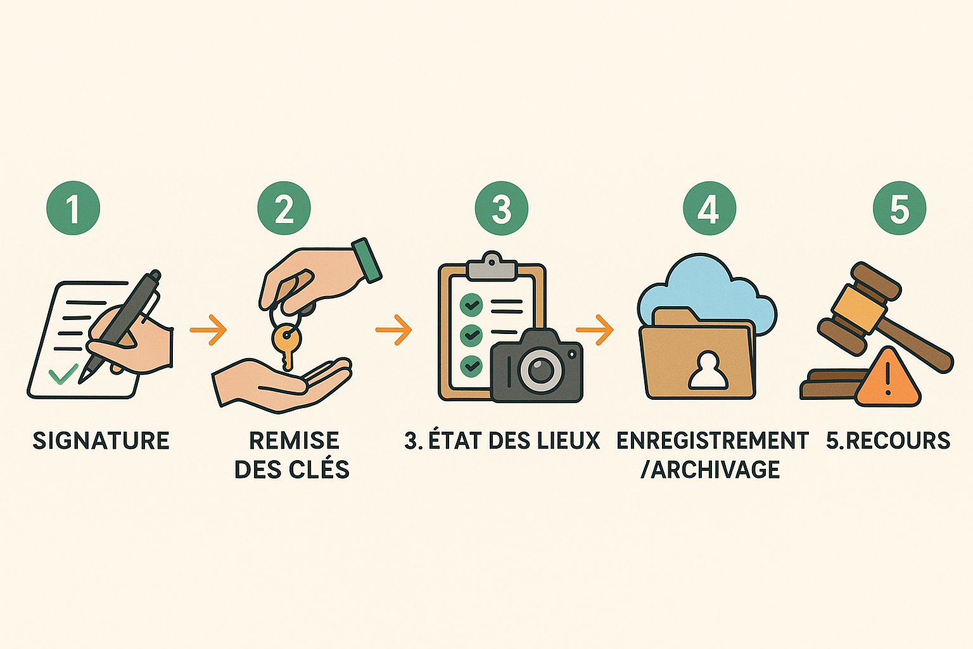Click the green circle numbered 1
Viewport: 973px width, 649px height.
point(73,209)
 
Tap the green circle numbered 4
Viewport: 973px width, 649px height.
point(709,209)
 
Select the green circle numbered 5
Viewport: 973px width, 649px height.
point(900,209)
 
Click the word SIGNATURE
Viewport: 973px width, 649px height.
point(101,440)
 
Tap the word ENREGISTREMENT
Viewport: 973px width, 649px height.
point(713,440)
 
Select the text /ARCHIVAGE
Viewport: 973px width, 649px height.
point(710,470)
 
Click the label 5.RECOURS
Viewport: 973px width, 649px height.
point(888,440)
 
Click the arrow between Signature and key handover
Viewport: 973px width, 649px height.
point(208,330)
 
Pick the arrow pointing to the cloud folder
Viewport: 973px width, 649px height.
point(595,330)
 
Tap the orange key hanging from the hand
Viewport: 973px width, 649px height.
point(286,346)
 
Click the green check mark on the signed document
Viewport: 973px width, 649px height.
point(63,375)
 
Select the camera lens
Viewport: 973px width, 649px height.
point(540,370)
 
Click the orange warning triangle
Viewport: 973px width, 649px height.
point(888,379)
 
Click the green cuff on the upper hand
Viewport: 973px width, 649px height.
point(367,260)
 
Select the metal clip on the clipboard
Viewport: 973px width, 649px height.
point(492,266)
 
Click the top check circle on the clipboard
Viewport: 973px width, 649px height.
point(471,305)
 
